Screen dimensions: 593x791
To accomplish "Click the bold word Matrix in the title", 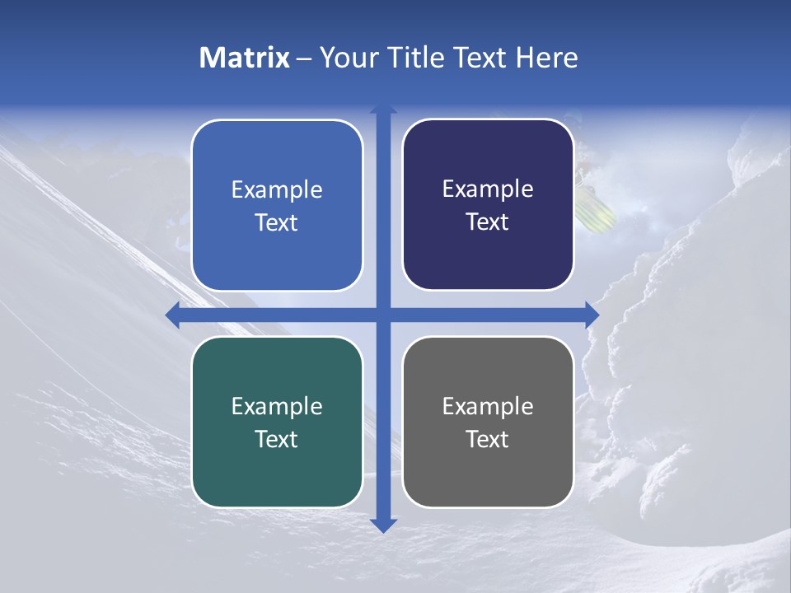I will click(245, 58).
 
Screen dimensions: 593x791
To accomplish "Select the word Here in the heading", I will click(546, 58).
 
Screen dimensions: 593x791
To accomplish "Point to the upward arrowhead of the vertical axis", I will click(383, 110).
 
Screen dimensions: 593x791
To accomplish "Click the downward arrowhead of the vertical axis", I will click(383, 525).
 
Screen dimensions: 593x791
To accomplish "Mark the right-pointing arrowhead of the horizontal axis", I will click(592, 315).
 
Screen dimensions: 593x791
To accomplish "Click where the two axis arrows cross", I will click(383, 315).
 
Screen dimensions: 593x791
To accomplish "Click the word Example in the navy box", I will click(488, 189).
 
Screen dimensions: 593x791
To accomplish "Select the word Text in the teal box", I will click(277, 439).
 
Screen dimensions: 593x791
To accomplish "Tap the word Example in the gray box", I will click(488, 406).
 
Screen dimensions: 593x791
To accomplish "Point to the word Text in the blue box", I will click(277, 222).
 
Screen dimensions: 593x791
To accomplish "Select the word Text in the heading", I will click(479, 58).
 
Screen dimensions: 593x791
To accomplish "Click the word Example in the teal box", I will click(277, 406).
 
